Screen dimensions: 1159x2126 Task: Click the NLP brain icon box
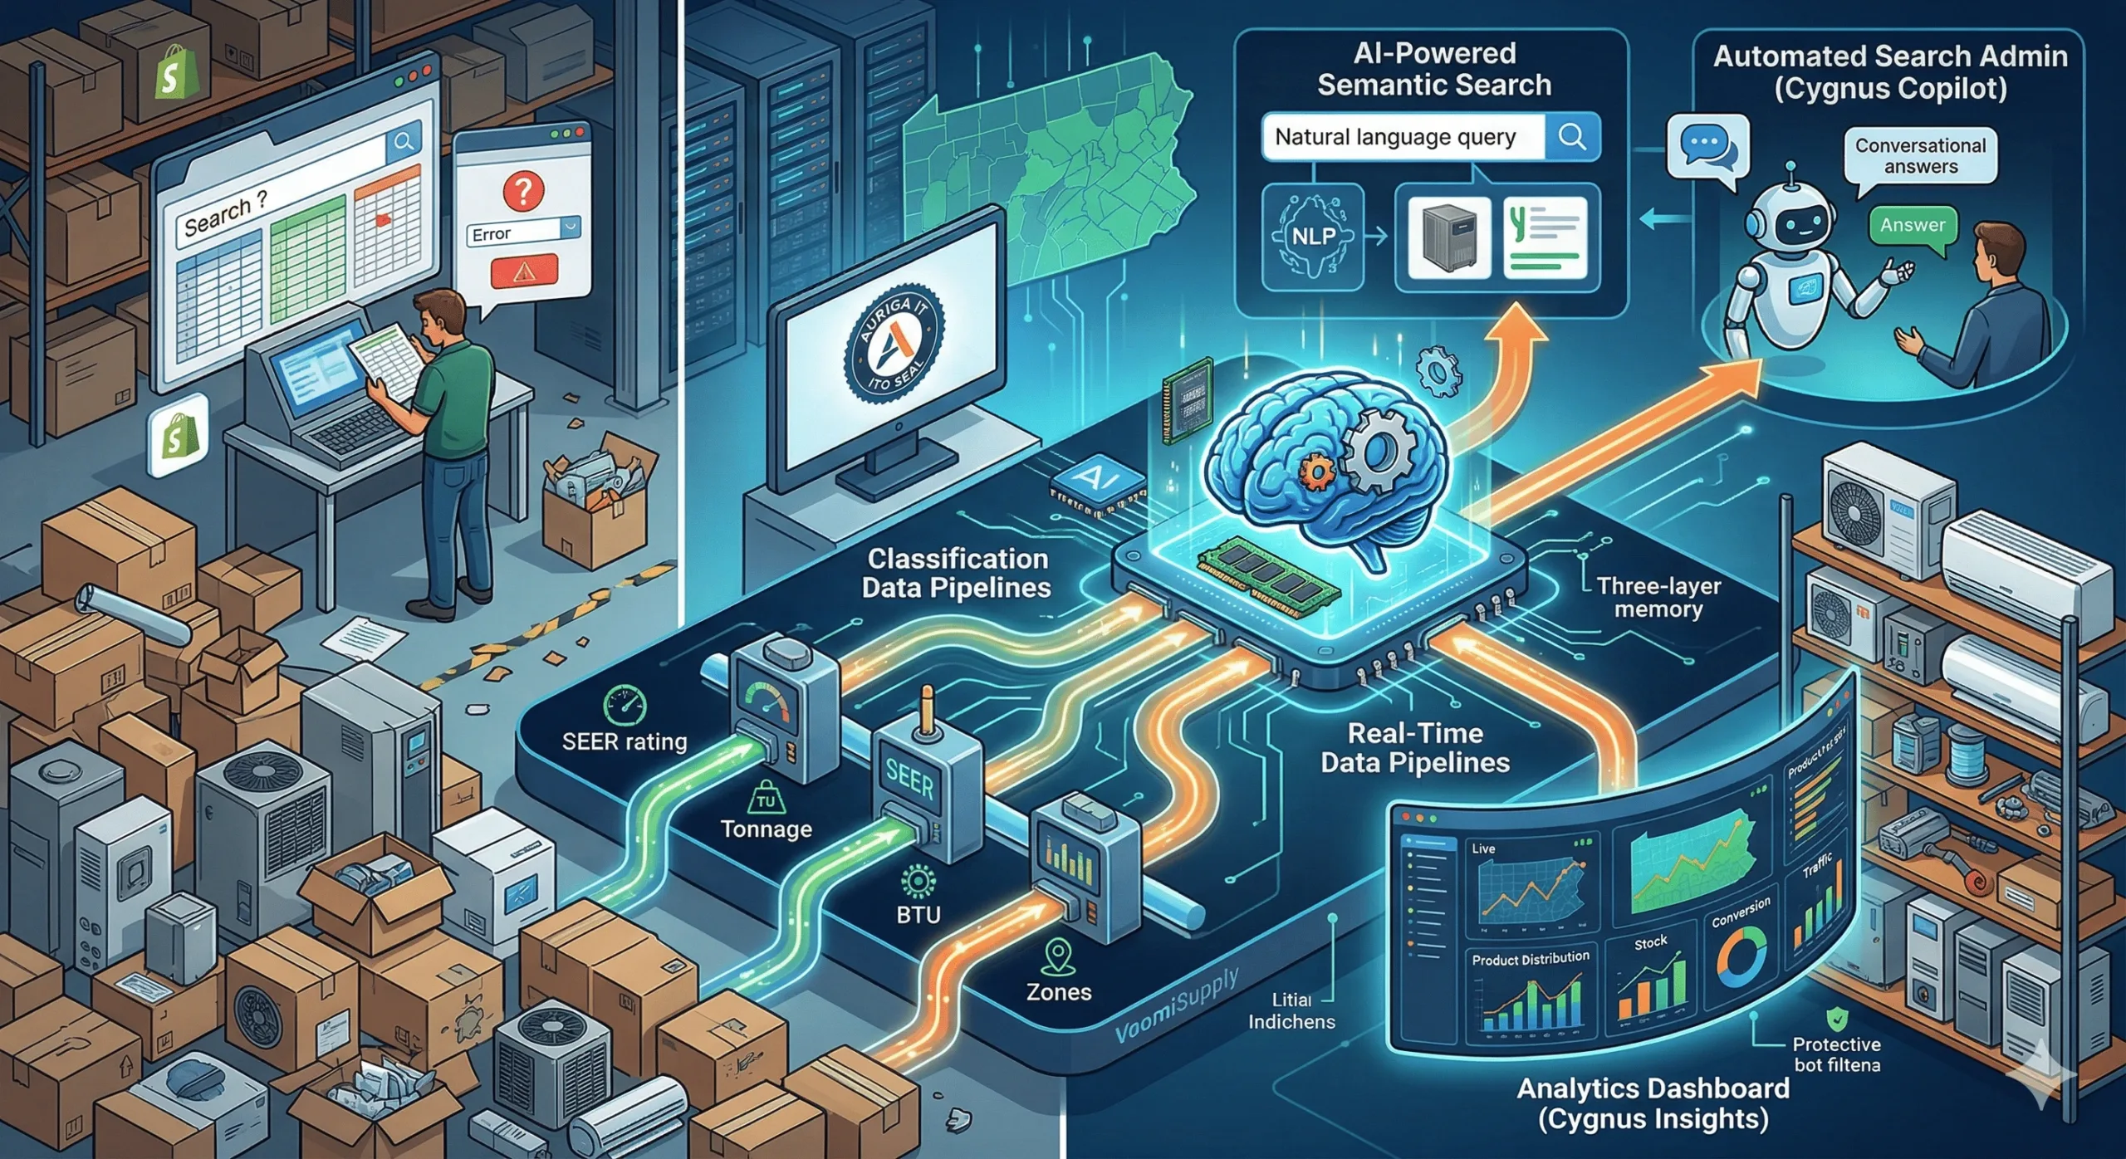point(1312,237)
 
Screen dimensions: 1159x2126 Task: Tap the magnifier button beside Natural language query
point(1571,136)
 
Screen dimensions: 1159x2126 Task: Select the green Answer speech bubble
point(1913,226)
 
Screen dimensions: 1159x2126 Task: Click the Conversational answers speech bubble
point(1920,155)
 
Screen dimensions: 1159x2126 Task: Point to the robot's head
point(1789,218)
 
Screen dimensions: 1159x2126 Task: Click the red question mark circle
point(523,190)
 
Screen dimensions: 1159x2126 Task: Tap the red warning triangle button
point(524,271)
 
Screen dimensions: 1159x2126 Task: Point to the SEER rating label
point(625,741)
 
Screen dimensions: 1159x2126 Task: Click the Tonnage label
point(766,829)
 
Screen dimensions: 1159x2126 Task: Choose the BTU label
point(918,914)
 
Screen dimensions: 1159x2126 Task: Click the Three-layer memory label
point(1658,597)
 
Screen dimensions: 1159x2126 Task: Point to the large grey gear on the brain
point(1379,452)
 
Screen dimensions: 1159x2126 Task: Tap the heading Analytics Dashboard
point(1653,1088)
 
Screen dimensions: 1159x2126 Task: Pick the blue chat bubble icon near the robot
point(1707,148)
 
